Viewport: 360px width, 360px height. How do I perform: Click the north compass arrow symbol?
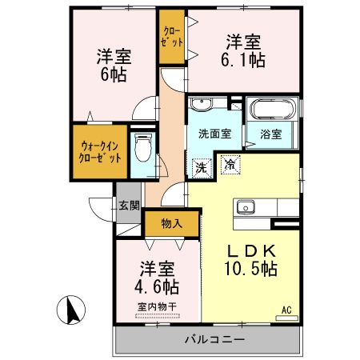coord(70,309)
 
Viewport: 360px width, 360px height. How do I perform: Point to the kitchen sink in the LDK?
coord(244,210)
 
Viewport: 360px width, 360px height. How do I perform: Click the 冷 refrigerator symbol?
coord(230,166)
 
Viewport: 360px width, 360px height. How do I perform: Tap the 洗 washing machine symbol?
coord(202,168)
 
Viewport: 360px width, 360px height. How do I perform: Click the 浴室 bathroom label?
coord(271,134)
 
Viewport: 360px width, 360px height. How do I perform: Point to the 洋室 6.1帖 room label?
coord(243,50)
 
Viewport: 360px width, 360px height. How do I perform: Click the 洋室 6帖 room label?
coord(114,65)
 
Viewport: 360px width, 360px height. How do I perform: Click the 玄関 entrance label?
coord(129,206)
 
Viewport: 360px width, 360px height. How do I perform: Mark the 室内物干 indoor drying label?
coord(156,307)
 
